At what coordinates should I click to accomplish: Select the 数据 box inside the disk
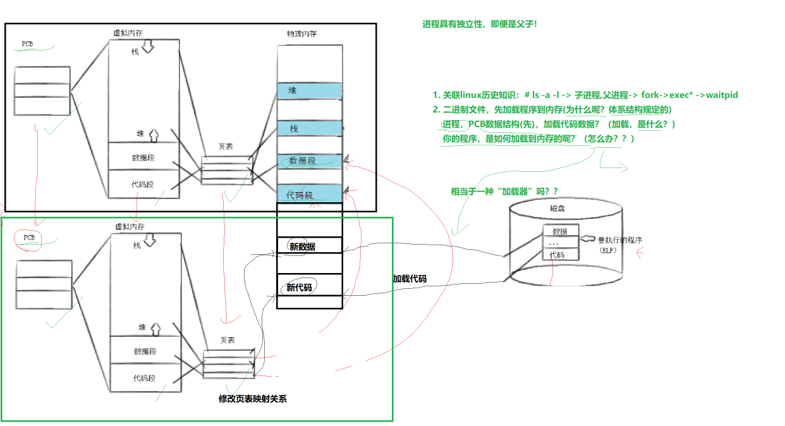(x=559, y=231)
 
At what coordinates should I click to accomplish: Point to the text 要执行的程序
(x=620, y=241)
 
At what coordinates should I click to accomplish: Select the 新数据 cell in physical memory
(x=303, y=246)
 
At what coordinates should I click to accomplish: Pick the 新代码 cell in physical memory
(x=299, y=288)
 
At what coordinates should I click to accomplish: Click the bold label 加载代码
(x=410, y=279)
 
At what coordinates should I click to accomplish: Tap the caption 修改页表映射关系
(x=252, y=399)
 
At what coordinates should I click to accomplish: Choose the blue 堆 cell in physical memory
(x=309, y=90)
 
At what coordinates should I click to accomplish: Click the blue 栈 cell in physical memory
(x=309, y=128)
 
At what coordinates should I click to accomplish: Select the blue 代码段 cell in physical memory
(x=309, y=195)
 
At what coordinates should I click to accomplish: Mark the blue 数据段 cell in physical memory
(x=309, y=161)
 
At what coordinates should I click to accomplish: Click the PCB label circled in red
(x=29, y=237)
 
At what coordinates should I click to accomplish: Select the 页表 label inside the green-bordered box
(x=228, y=340)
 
